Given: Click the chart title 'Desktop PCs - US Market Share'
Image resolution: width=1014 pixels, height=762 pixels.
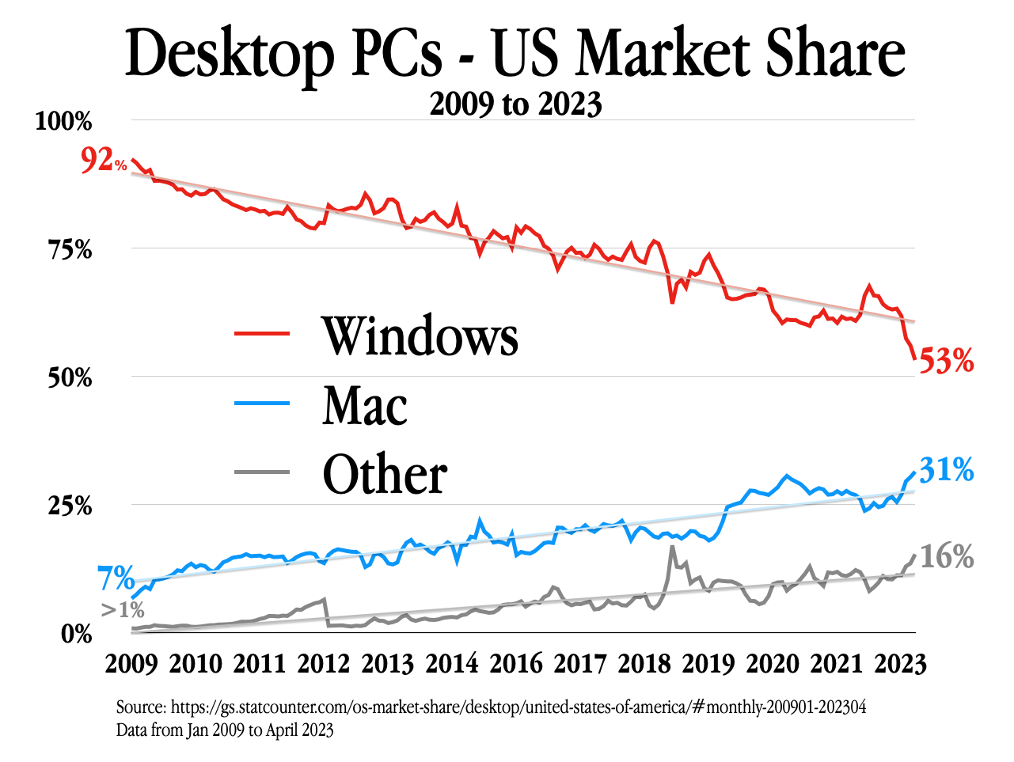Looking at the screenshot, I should click(x=515, y=54).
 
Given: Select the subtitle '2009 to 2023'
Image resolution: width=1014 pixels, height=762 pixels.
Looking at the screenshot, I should click(x=515, y=104).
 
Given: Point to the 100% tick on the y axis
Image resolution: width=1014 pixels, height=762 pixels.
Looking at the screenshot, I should click(x=63, y=122).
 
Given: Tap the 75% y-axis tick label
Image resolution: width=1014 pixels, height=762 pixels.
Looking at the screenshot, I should click(x=70, y=250).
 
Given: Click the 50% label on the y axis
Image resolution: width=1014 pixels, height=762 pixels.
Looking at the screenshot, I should click(x=70, y=378).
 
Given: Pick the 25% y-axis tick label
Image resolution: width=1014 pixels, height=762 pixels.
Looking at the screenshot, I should click(x=70, y=506).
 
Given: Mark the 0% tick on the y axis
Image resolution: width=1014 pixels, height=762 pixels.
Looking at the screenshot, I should click(x=77, y=634).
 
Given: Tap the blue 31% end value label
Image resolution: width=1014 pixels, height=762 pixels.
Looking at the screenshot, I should click(x=946, y=470).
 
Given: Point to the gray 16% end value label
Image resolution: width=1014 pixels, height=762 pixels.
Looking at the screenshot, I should click(x=946, y=557).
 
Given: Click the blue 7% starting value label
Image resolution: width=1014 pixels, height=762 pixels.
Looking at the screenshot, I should click(x=116, y=579).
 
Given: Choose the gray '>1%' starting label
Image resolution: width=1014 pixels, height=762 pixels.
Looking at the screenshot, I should click(x=123, y=609).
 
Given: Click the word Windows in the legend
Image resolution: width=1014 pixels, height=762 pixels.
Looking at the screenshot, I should click(x=420, y=336).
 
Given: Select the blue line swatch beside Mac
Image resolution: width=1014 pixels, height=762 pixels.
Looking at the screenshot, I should click(x=262, y=404).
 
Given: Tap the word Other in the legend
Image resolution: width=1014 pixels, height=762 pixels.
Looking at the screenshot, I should click(x=385, y=475).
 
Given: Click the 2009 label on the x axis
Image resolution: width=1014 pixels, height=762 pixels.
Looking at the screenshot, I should click(x=131, y=663).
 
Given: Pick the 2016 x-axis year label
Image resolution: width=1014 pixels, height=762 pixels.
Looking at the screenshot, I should click(x=516, y=663).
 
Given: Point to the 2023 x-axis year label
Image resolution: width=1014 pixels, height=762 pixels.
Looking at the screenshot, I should click(x=900, y=663).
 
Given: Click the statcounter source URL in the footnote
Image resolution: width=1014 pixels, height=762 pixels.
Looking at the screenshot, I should click(x=518, y=707).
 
